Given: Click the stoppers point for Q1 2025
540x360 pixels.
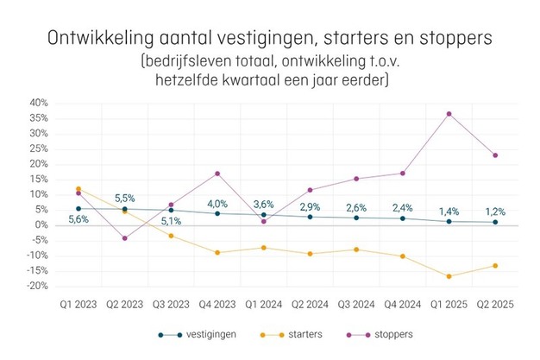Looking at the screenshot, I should click(449, 114).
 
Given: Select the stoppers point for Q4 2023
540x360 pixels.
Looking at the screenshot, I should click(217, 174).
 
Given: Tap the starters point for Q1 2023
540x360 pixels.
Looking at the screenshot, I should click(78, 189).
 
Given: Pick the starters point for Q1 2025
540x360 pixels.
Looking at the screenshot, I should click(449, 276).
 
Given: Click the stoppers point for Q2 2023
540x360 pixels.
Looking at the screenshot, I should click(125, 238).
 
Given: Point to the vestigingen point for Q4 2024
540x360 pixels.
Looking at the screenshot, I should click(402, 218).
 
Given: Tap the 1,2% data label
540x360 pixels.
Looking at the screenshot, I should click(494, 211).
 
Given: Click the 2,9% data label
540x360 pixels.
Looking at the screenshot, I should click(310, 207).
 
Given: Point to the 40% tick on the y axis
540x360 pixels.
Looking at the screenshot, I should click(39, 103).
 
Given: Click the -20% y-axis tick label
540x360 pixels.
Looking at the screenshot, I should click(36, 287).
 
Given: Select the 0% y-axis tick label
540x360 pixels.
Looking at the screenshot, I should click(42, 225).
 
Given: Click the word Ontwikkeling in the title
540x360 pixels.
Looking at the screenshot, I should click(95, 39).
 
